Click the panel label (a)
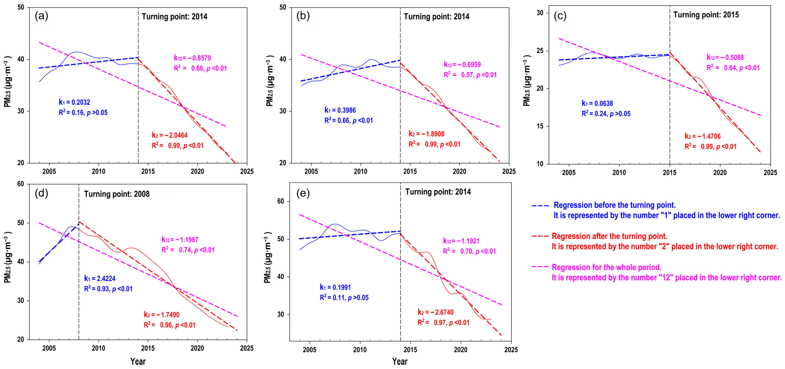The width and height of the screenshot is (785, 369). [x=41, y=16]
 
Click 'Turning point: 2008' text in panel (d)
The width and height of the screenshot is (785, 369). [x=117, y=194]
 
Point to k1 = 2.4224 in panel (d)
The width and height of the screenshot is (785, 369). [x=100, y=278]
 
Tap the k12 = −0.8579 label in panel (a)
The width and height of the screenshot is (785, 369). [x=192, y=58]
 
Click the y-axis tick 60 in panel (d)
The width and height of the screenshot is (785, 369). [x=21, y=184]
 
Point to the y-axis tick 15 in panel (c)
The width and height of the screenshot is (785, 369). [x=540, y=126]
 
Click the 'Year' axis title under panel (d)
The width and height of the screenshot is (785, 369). [x=138, y=362]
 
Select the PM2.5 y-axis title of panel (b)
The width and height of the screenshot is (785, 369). [x=270, y=81]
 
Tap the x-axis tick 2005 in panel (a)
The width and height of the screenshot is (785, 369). [x=49, y=172]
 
